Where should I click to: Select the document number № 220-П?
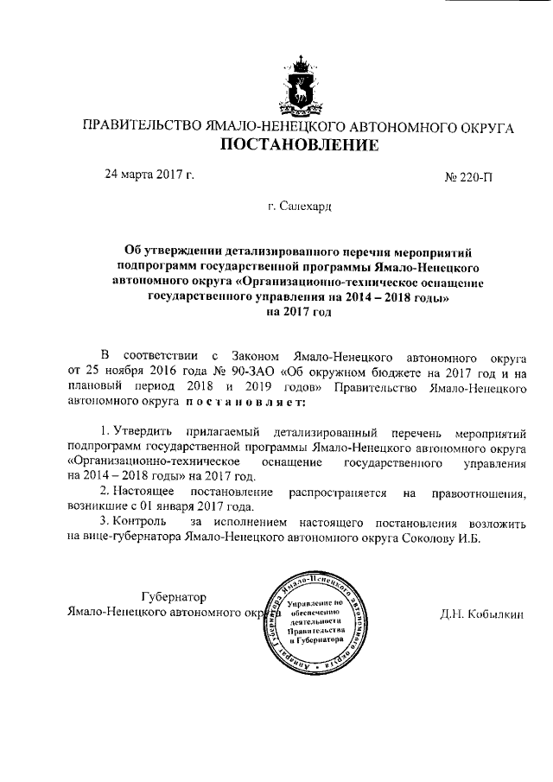(x=467, y=179)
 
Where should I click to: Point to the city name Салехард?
(x=299, y=207)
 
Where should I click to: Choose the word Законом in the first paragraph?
(x=257, y=356)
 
